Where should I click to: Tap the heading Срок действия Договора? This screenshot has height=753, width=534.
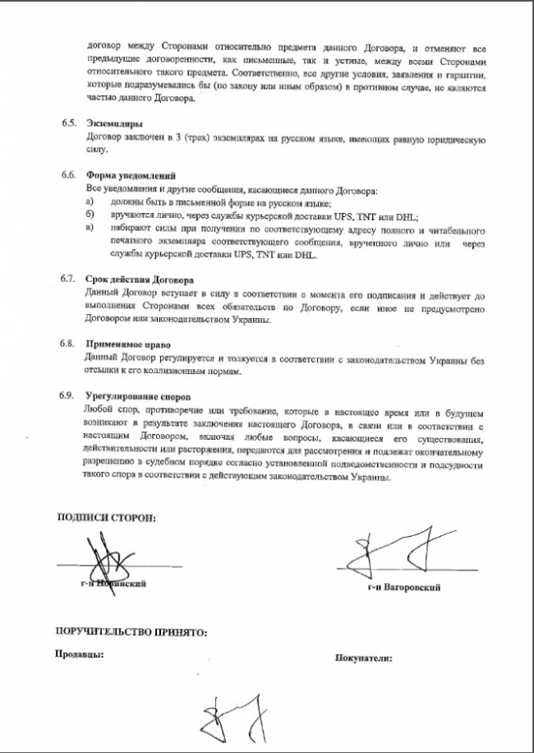tap(140, 279)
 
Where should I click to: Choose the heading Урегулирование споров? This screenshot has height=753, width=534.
tap(138, 396)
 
